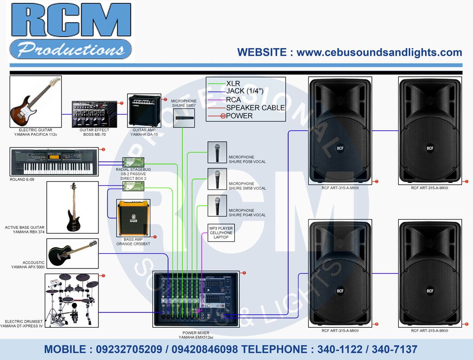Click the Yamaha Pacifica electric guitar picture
(36, 102)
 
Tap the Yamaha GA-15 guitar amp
(144, 110)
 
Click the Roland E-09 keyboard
(54, 162)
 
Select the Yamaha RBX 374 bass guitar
(73, 207)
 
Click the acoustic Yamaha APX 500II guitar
(73, 252)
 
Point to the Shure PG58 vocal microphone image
(217, 153)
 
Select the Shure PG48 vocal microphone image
(217, 206)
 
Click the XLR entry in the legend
(233, 84)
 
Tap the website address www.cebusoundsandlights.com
(379, 52)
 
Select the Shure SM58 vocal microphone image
(217, 179)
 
